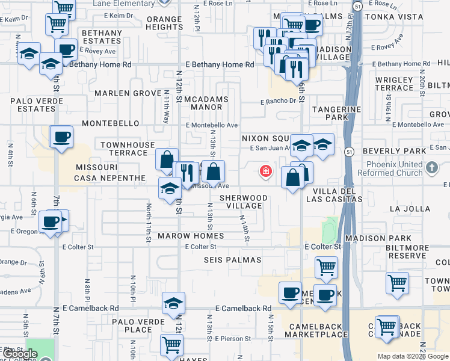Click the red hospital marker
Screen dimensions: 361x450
click(x=265, y=172)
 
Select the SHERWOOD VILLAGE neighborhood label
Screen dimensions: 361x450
click(x=243, y=202)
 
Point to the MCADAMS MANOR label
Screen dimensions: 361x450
click(x=206, y=103)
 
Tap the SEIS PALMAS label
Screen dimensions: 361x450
click(x=232, y=260)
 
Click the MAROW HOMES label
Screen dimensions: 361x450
click(x=191, y=236)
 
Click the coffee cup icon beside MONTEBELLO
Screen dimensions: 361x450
click(x=61, y=138)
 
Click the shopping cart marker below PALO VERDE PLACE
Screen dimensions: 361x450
click(x=172, y=345)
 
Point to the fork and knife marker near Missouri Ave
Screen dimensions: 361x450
click(x=187, y=173)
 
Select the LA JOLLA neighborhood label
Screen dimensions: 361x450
click(x=410, y=209)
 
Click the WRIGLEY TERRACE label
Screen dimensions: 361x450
click(x=393, y=84)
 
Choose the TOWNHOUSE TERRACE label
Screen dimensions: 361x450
click(x=128, y=149)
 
